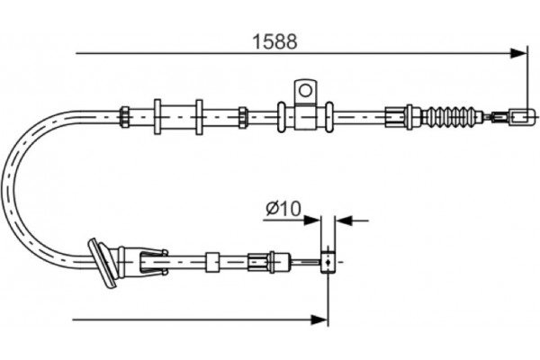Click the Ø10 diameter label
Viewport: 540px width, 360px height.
click(x=282, y=209)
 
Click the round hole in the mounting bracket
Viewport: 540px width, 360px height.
click(x=305, y=90)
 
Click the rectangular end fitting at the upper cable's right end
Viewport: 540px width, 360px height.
click(x=521, y=115)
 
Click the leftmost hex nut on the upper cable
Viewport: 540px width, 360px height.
click(x=124, y=115)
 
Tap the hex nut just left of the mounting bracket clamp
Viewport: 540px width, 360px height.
click(x=243, y=115)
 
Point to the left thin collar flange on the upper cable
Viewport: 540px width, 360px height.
click(x=157, y=115)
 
